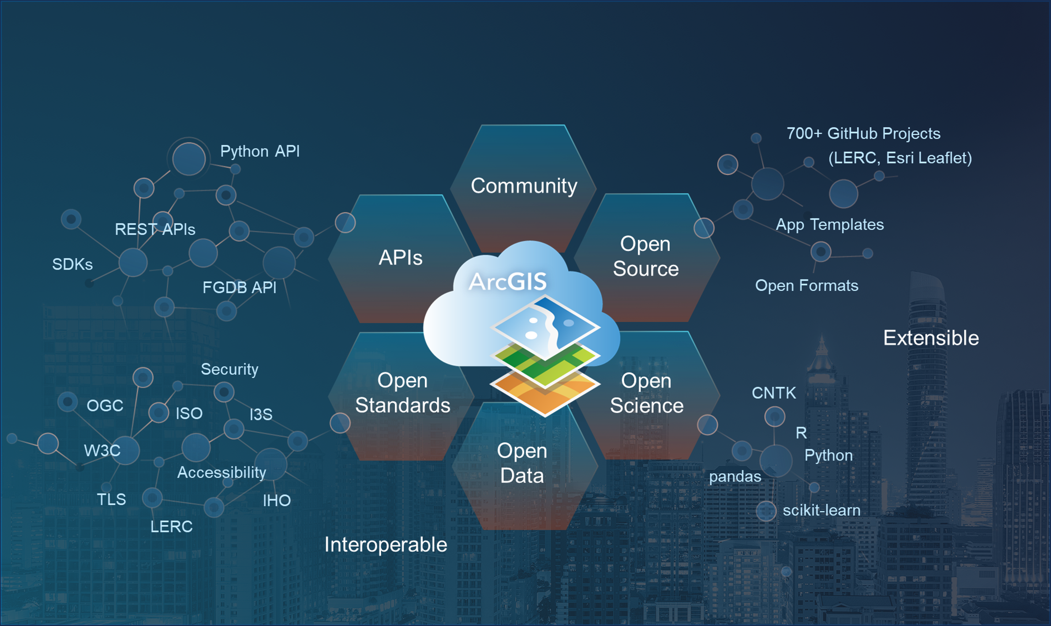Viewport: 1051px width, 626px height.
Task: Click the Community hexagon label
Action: [524, 186]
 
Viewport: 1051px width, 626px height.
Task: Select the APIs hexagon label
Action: [400, 258]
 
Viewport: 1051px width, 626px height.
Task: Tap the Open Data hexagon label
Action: [522, 463]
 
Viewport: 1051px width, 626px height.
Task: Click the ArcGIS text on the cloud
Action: [508, 281]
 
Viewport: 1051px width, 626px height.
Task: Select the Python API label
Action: [260, 151]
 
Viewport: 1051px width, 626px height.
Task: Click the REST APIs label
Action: [155, 230]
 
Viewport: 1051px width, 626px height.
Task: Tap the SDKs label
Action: [72, 265]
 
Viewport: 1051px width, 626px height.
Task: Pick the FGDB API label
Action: [239, 288]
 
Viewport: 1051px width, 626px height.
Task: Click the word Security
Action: [229, 369]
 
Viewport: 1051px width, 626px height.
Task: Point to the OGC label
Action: [105, 406]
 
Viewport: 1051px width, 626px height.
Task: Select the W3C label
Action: [102, 451]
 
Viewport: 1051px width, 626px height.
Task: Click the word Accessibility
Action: [222, 472]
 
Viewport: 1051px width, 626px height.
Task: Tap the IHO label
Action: [277, 501]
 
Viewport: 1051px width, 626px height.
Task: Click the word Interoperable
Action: [385, 544]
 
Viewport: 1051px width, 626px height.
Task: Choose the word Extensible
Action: [931, 338]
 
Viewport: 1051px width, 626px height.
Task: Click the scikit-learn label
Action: [821, 510]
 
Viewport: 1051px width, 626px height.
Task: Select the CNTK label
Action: [774, 393]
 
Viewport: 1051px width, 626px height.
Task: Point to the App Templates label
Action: [829, 225]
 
